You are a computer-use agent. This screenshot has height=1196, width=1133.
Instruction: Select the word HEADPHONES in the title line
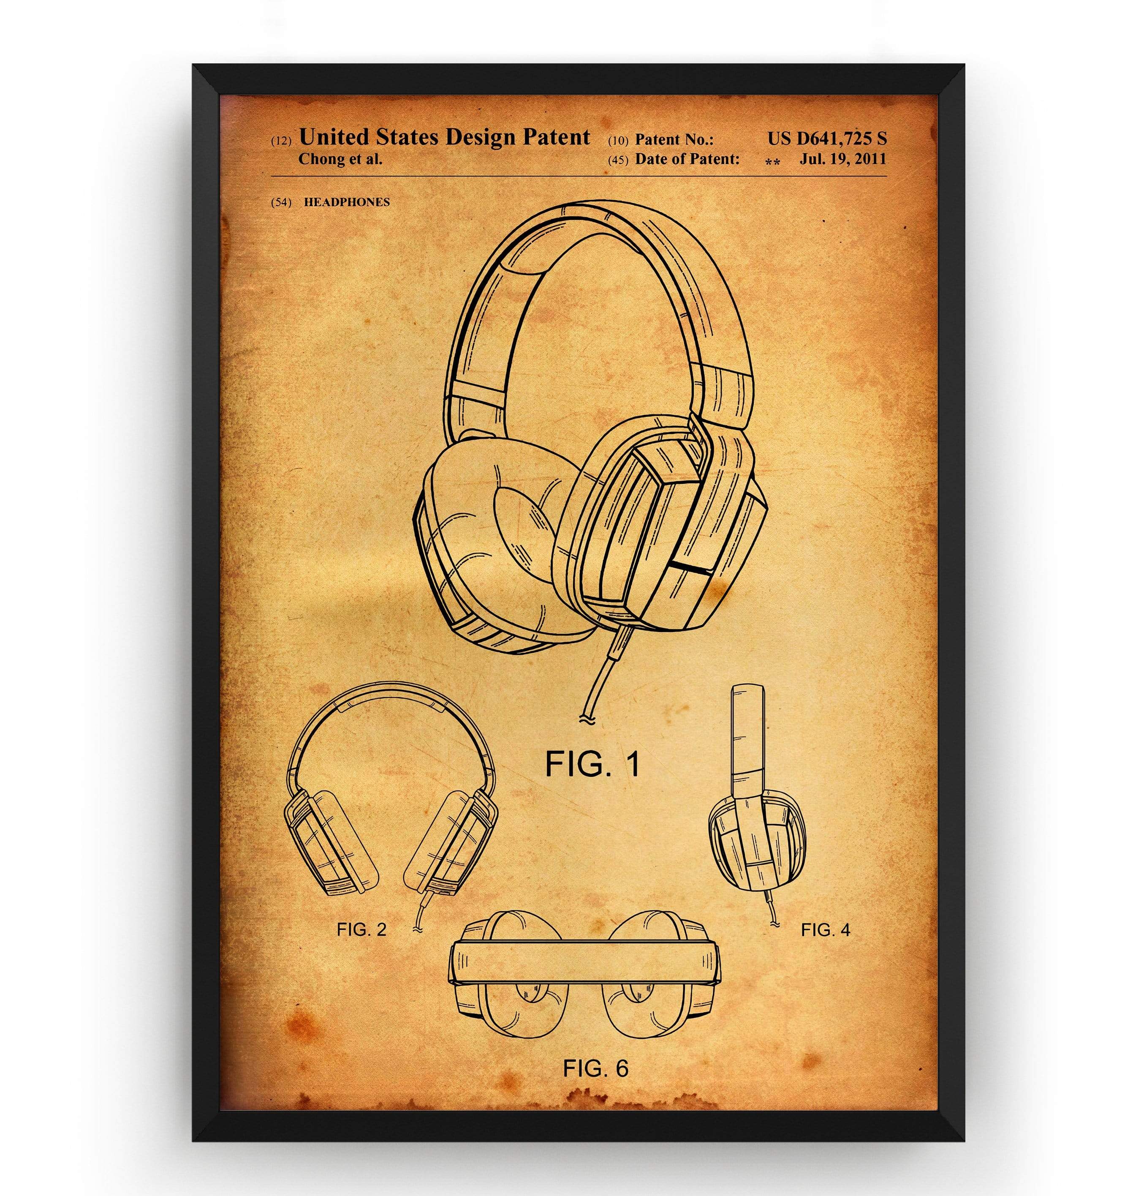pos(347,202)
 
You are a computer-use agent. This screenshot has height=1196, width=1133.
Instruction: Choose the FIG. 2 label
pos(361,929)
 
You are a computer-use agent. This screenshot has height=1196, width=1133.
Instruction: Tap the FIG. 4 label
pos(825,929)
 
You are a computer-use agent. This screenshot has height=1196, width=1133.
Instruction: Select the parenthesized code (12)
pos(281,141)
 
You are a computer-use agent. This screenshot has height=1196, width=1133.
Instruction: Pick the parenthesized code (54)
pos(281,202)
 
